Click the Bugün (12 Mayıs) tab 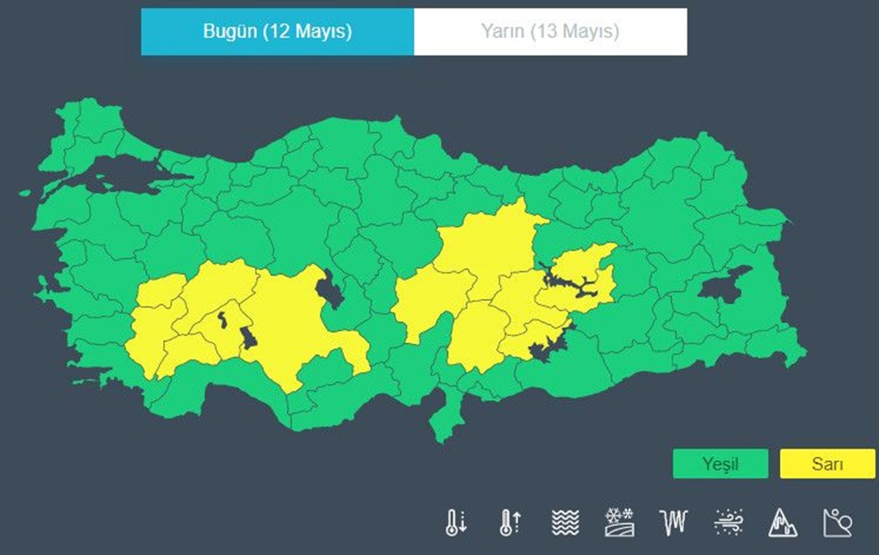tap(277, 32)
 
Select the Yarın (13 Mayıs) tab tap(550, 32)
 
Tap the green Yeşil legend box tap(720, 464)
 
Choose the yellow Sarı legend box tap(827, 464)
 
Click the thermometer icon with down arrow tap(455, 522)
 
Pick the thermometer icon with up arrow tap(510, 522)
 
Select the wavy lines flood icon tap(565, 522)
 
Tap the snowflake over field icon tap(620, 522)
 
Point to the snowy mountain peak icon tap(782, 522)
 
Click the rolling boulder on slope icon tap(837, 522)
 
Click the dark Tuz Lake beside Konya tap(331, 288)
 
